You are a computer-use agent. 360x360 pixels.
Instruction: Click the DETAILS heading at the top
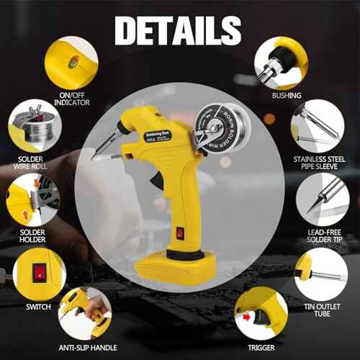click(178, 30)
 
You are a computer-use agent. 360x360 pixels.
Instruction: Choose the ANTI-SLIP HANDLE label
click(87, 348)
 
